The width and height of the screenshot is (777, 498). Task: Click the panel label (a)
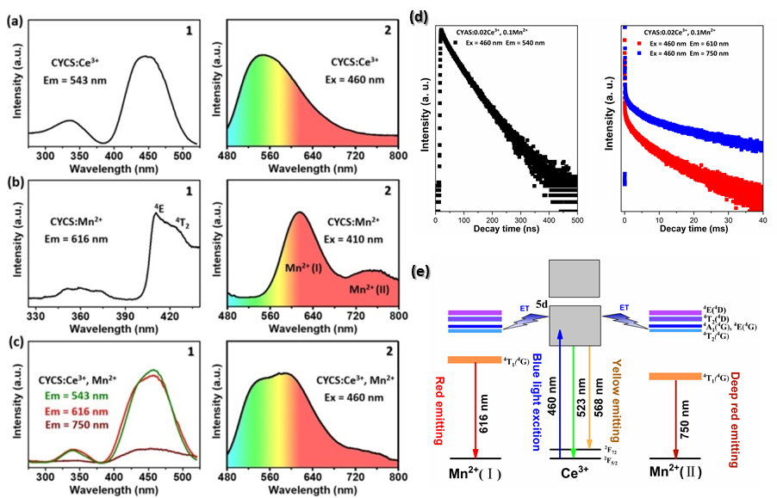[12, 19]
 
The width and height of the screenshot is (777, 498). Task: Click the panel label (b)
[12, 183]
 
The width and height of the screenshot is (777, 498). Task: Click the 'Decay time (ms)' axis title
[693, 231]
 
